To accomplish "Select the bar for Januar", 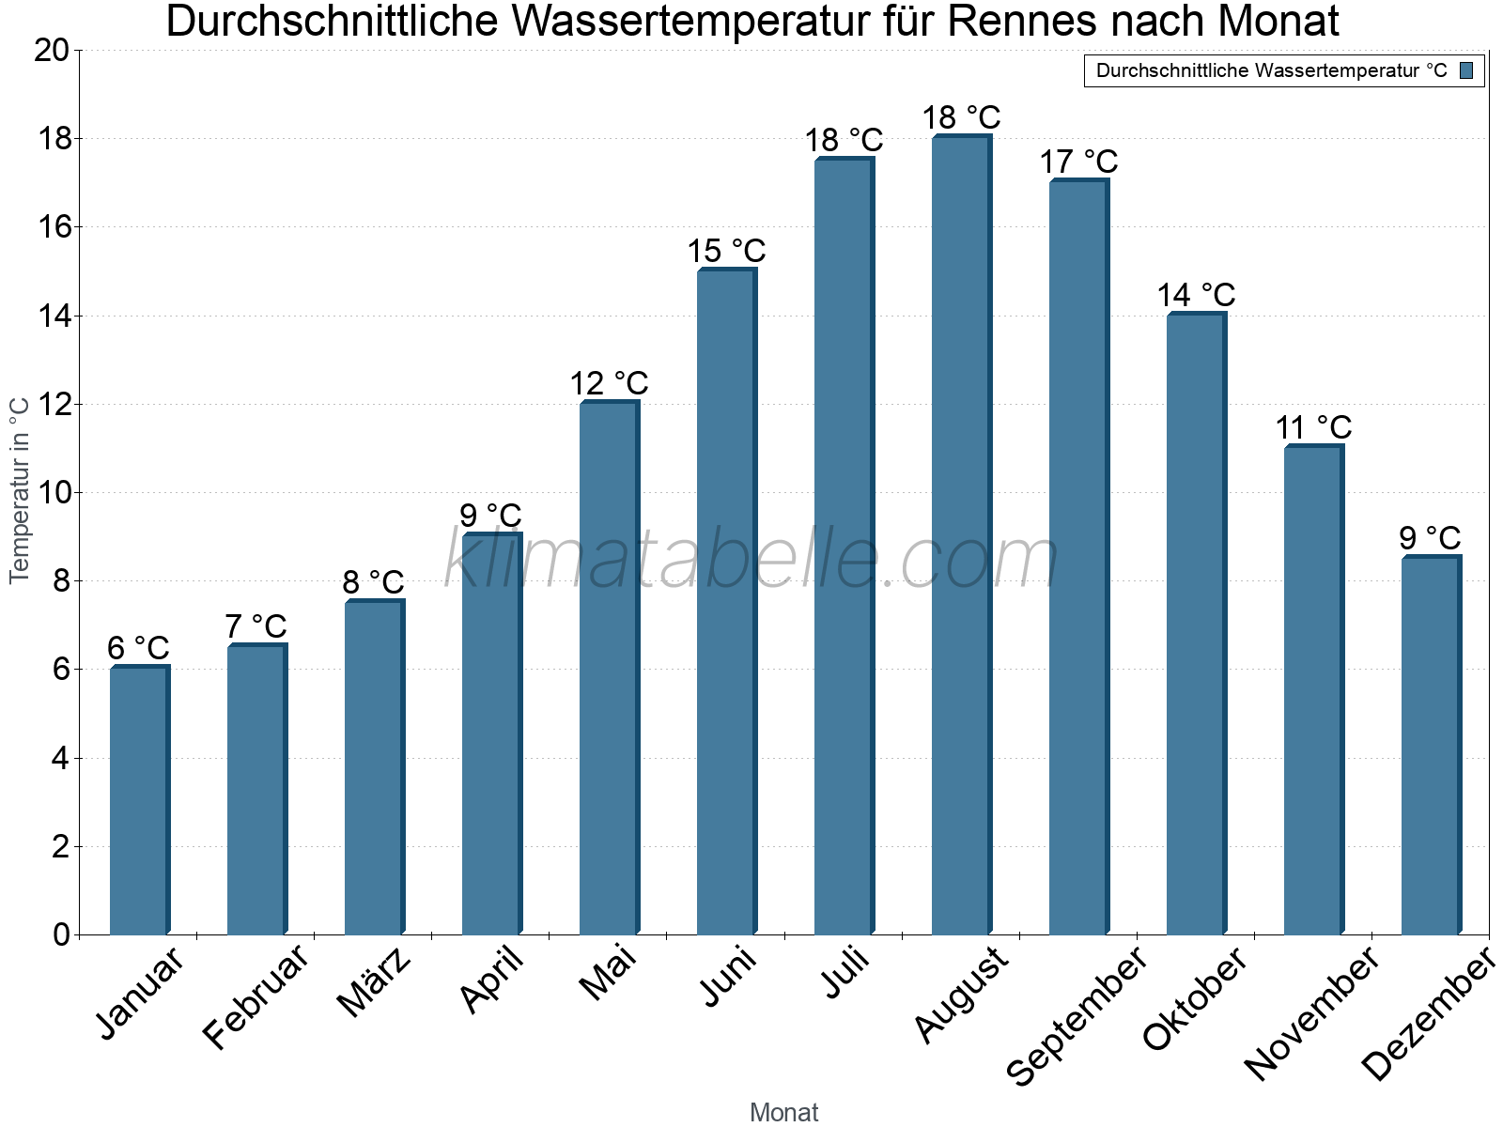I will coord(139,800).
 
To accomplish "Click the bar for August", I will coord(961,535).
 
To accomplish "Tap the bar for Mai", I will coord(609,668).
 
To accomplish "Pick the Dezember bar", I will coord(1431,746).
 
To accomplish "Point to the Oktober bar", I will coord(1196,624).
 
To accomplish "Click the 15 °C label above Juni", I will coord(726,252).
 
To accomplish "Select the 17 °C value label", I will coord(1078,162).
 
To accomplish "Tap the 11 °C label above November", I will coord(1313,428).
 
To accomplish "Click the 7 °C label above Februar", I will coord(256,626).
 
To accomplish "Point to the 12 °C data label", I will coord(609,384).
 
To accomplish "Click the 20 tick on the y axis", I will coord(52,51).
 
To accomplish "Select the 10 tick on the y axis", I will coord(52,493).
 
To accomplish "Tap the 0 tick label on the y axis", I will coord(62,934).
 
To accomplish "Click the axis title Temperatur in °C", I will coord(20,490).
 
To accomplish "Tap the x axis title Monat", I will coord(783,1113).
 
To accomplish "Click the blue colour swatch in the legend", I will coord(1466,70).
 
